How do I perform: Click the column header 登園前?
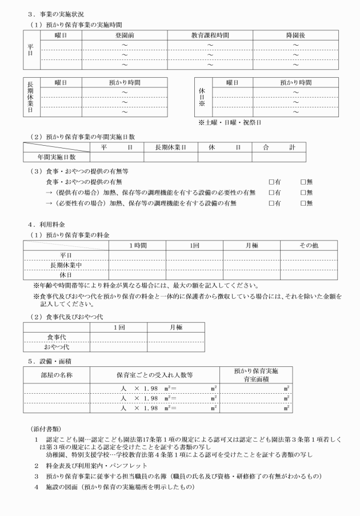[x=125, y=35]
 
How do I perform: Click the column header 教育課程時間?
[x=210, y=35]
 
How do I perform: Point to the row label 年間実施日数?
[x=57, y=156]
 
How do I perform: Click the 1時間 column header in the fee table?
[x=138, y=245]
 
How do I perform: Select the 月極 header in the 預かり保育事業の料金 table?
[x=251, y=245]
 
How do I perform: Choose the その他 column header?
[x=309, y=245]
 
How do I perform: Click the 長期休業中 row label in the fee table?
[x=66, y=265]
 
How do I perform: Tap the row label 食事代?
[x=56, y=337]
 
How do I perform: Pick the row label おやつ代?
[x=56, y=347]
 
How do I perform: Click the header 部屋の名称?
[x=57, y=375]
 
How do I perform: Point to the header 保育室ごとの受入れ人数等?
[x=154, y=375]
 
